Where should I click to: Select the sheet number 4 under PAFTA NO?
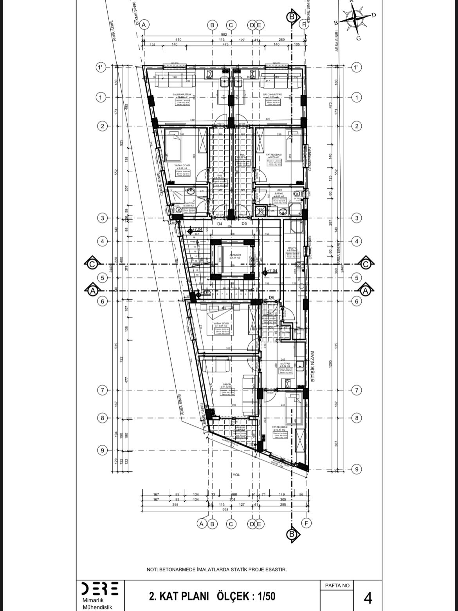pos(368,598)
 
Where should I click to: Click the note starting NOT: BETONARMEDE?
pos(216,569)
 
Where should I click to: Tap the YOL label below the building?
pos(236,475)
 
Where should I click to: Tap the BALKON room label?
pos(240,427)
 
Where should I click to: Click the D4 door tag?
pos(220,224)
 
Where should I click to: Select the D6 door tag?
pos(271,298)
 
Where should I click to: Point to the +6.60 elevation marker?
pos(205,292)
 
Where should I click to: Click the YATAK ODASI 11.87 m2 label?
pos(221,324)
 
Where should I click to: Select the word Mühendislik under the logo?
pos(97,607)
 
